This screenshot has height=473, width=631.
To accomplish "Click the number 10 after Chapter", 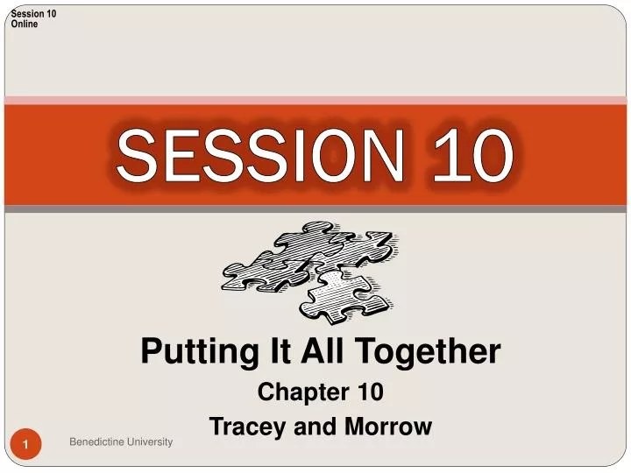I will click(x=367, y=393).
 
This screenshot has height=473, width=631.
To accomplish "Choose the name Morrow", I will click(x=389, y=427).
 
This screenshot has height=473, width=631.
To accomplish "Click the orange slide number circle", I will click(x=27, y=448).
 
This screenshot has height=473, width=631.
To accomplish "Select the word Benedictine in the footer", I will click(x=97, y=442).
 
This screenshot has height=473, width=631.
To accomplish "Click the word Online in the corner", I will click(x=25, y=24).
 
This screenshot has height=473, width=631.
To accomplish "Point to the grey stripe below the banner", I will click(x=315, y=209).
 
